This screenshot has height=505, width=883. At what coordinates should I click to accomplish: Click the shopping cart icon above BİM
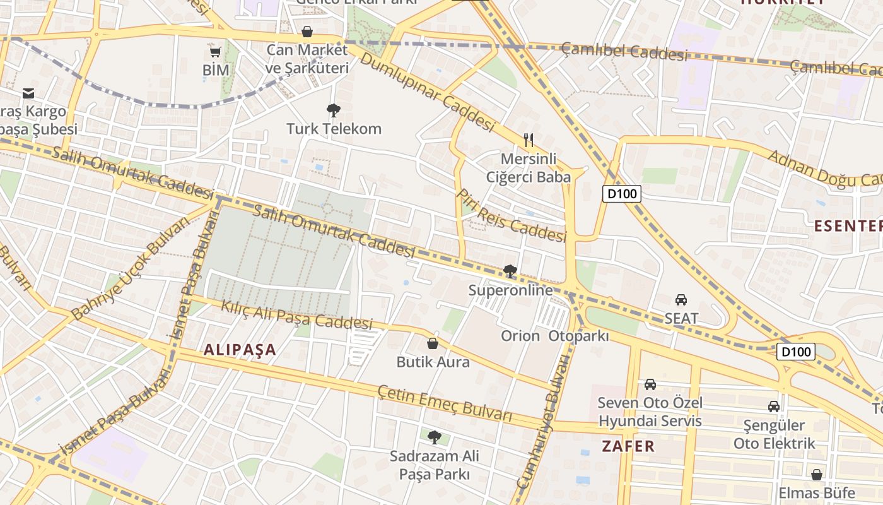(x=215, y=52)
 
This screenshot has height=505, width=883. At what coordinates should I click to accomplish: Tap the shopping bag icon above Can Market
(x=307, y=31)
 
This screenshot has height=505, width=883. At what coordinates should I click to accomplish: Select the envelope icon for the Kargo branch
(x=28, y=93)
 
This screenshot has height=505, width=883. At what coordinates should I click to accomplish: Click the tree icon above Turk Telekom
(x=334, y=111)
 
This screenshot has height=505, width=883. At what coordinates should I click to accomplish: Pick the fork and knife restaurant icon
(x=529, y=140)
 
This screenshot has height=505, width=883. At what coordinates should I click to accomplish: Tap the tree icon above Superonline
(x=510, y=271)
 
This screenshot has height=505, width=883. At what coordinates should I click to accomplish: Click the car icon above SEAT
(x=681, y=299)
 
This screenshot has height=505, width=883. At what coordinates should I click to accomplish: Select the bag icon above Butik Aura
(x=433, y=343)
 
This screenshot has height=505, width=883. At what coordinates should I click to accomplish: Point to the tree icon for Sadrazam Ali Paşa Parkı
(x=434, y=437)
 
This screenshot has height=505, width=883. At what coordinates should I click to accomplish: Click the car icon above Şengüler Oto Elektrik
(x=774, y=407)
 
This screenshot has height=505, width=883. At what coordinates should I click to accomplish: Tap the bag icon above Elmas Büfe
(x=817, y=474)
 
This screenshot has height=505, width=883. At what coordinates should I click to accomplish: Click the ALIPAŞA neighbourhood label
(x=240, y=350)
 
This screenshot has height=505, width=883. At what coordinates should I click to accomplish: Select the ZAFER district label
(x=628, y=446)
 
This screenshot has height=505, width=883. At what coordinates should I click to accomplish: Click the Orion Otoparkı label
(x=555, y=336)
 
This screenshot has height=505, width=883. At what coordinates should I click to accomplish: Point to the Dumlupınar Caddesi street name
(x=426, y=93)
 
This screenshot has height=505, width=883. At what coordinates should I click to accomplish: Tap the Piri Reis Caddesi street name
(x=512, y=216)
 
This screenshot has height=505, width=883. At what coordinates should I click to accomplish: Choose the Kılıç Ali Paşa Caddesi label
(x=296, y=313)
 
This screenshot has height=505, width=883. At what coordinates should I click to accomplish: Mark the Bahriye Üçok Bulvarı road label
(x=130, y=269)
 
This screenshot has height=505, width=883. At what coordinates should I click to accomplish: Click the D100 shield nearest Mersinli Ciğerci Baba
(x=622, y=194)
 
